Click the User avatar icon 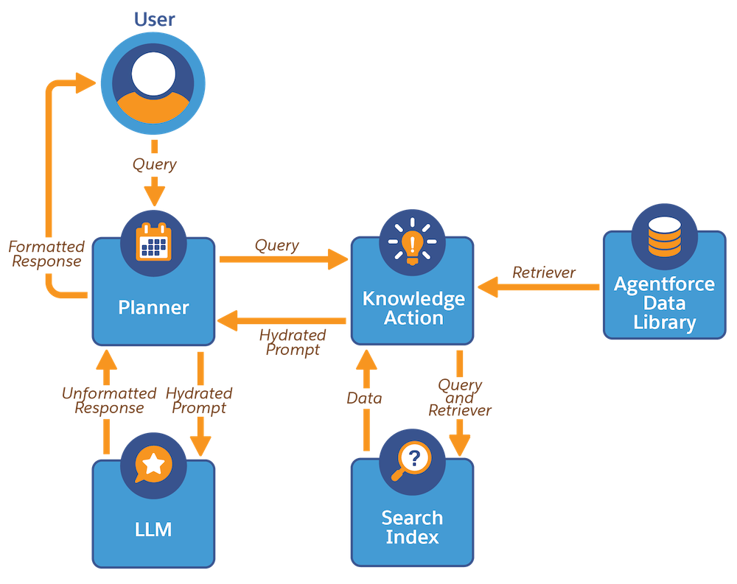coord(153,82)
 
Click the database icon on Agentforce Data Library coord(664,236)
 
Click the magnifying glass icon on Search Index coord(412,462)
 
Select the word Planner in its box coord(153,307)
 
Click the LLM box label coord(153,529)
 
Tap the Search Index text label coord(412,527)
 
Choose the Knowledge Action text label coord(413,309)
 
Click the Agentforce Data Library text coord(664,303)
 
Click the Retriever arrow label coord(544,272)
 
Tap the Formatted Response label coord(46,253)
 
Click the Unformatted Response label coord(109,401)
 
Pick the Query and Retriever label coord(460,398)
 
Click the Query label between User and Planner coord(154,164)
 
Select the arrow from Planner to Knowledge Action coord(283,258)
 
